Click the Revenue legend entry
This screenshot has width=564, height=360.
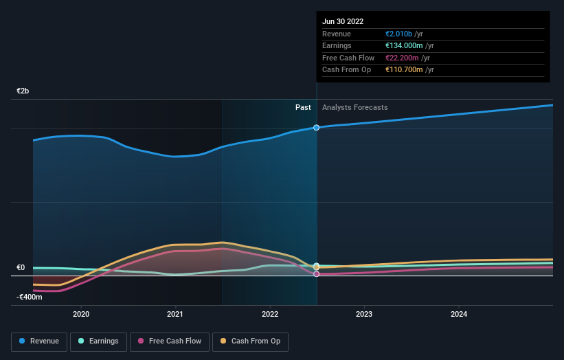39,341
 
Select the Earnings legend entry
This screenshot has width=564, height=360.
98,341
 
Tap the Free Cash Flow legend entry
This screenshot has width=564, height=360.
169,341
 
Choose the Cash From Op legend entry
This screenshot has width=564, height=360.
250,341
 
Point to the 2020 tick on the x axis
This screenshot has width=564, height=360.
81,314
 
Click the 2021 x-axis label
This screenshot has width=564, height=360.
175,314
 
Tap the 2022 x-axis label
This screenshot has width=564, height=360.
270,314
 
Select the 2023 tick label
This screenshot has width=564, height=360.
364,314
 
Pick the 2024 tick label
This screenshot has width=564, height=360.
459,314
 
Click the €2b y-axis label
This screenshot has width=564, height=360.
23,91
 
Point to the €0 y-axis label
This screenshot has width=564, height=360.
21,268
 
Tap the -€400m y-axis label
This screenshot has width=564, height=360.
30,297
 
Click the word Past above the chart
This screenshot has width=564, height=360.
303,107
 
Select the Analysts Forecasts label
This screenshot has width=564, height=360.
354,107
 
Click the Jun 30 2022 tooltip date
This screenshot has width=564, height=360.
342,21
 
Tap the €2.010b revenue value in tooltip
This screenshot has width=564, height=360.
399,34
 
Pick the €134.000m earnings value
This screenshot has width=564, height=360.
404,46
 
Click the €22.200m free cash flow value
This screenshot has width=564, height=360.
402,58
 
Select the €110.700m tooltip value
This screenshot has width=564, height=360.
404,69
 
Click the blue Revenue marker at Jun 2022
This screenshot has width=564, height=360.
317,128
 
